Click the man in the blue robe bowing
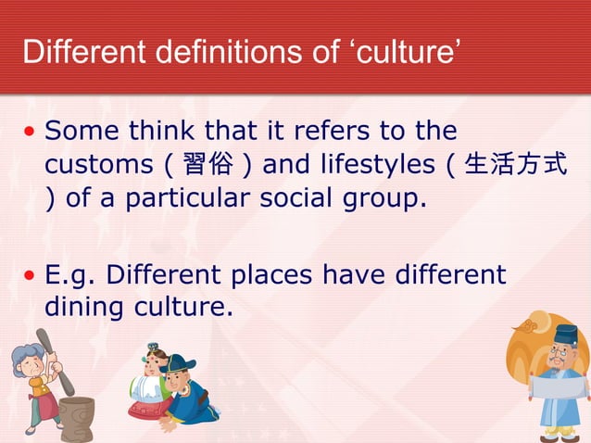tap(190, 394)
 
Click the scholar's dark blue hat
tap(565, 335)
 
